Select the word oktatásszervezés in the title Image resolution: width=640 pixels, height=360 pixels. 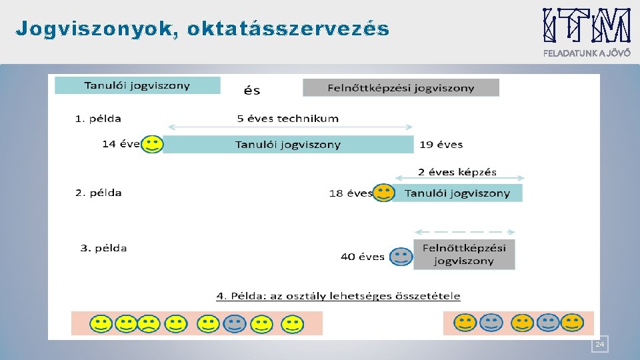coord(288,29)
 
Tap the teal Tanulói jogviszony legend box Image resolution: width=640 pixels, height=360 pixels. coord(137,85)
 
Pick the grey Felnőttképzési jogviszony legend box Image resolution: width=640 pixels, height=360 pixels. coord(401,87)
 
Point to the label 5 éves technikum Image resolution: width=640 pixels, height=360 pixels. coord(288,119)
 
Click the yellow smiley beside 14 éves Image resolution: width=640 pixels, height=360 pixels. coord(152,144)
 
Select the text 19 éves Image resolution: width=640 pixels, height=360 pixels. coord(441,144)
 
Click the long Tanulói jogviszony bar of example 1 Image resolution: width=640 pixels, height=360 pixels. coord(288,144)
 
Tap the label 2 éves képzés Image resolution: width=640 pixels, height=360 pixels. coord(457,172)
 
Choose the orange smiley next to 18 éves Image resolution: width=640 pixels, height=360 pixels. coord(383,193)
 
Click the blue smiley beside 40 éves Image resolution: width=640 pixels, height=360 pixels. coord(401,257)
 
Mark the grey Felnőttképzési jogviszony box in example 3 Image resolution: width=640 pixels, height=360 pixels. coord(464,254)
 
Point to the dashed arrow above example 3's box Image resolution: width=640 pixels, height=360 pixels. coord(464,232)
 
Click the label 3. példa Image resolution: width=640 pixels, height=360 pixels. coord(103,248)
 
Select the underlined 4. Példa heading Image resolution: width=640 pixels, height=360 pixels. coord(338,295)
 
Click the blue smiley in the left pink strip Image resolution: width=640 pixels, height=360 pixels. coord(234,324)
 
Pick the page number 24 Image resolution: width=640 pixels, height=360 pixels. coord(599,344)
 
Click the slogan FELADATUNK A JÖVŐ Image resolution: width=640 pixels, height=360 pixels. coord(587,54)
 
